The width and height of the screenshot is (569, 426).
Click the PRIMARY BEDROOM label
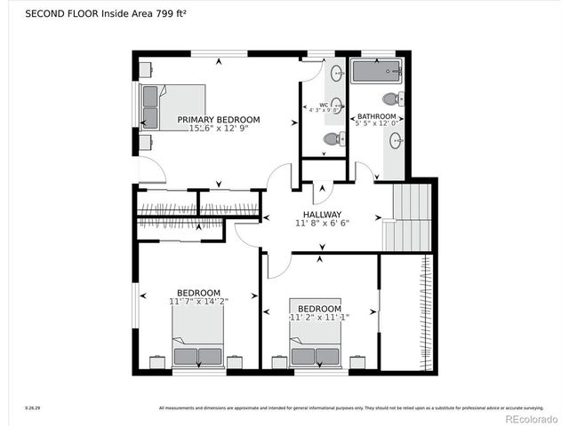218,120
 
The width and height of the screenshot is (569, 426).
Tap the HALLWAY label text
322,215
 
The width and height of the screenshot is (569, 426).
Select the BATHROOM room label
377,116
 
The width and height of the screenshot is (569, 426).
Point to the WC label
324,105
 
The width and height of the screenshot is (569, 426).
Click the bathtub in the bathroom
376,72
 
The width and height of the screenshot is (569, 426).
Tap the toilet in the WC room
332,138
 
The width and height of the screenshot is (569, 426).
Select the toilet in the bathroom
392,99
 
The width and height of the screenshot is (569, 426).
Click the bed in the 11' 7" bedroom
198,343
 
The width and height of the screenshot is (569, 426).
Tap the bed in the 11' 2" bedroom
316,344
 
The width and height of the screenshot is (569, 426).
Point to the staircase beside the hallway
408,217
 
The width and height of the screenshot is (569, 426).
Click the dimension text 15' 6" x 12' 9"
218,130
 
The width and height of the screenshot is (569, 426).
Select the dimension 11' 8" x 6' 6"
322,224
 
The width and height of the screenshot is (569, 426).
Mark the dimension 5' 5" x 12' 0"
377,124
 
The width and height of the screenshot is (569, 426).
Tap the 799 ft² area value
175,13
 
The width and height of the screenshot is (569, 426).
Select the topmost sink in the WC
337,74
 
